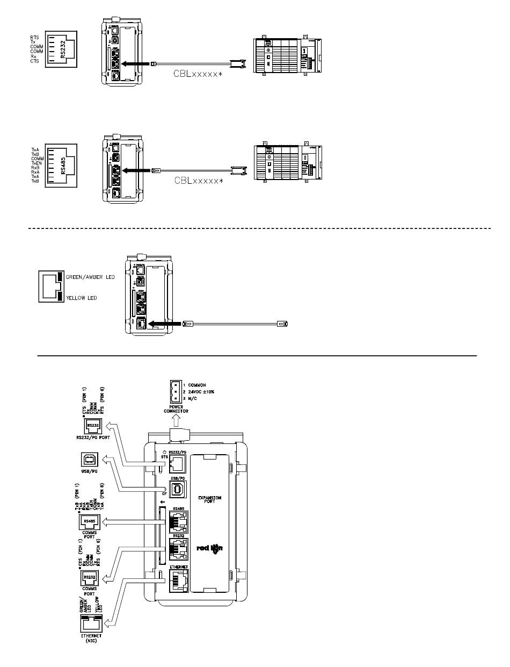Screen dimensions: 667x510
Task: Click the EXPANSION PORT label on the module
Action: coord(207,498)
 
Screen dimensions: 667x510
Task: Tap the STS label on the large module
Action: coord(164,458)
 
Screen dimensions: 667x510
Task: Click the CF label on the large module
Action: coord(165,493)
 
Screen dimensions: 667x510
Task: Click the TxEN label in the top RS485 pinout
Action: coord(37,163)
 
